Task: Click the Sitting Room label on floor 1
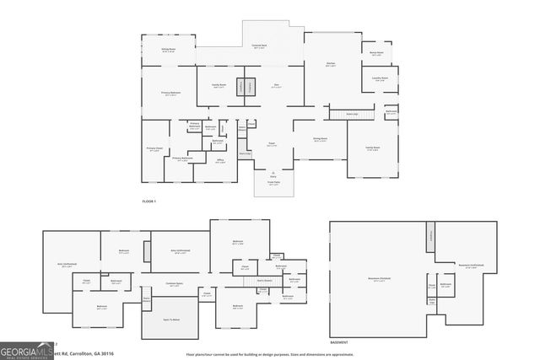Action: click(x=167, y=51)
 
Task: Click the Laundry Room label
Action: click(x=380, y=78)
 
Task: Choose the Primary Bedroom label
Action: click(x=171, y=94)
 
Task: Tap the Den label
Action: click(x=276, y=85)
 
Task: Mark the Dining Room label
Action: click(x=321, y=140)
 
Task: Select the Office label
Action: click(x=219, y=162)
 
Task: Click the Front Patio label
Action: click(x=273, y=183)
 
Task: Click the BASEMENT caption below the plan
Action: click(x=339, y=343)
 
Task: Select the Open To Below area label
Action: click(x=172, y=320)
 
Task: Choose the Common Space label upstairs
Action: click(x=175, y=284)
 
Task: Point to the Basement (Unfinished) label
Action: click(x=469, y=266)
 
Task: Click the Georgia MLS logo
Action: click(x=25, y=349)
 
